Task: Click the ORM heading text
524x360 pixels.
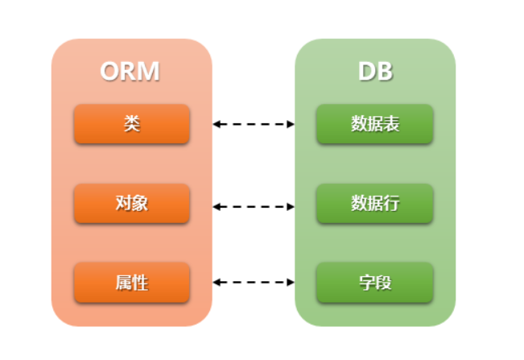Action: pos(130,71)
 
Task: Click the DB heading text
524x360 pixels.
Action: pos(375,71)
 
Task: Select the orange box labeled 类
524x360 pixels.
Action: pos(132,124)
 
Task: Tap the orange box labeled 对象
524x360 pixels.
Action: pos(132,203)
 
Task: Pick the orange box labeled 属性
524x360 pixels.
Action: pos(132,283)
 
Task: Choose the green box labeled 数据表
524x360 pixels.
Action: pos(375,124)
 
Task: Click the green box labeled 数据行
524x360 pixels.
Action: pos(375,203)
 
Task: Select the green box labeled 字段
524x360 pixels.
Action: pos(375,283)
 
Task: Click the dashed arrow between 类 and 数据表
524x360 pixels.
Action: pos(254,124)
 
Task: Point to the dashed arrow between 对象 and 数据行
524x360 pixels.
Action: pos(254,206)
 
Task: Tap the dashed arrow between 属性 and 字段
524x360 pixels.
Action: pos(254,282)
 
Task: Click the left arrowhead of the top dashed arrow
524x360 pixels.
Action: pos(217,124)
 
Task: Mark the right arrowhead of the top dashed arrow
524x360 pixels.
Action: pos(291,124)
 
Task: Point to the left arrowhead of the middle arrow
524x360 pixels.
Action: pos(217,206)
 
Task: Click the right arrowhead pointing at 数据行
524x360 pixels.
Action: pos(291,206)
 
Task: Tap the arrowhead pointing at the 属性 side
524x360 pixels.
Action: pos(217,282)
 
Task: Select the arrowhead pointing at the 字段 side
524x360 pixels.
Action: pos(291,282)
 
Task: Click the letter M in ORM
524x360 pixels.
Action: pos(148,71)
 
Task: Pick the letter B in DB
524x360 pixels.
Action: pos(385,71)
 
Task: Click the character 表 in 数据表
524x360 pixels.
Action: pos(391,124)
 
